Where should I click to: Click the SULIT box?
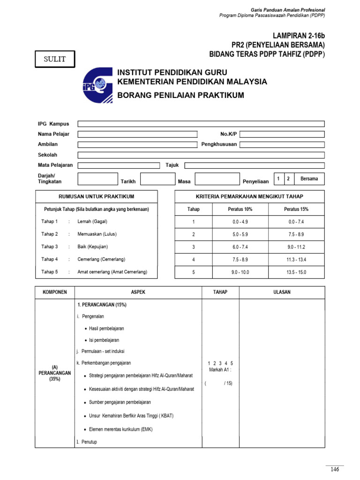tap(55, 59)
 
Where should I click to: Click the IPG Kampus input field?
tap(201, 124)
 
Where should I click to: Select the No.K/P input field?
tap(282, 134)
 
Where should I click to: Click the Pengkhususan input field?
tap(282, 144)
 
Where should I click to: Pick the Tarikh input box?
tap(157, 179)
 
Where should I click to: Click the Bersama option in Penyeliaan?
tap(309, 179)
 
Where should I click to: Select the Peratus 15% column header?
tap(296, 209)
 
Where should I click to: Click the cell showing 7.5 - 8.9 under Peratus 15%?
tap(296, 234)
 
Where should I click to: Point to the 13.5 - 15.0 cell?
tap(296, 272)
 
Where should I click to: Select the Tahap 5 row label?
tap(50, 272)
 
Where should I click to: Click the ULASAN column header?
tap(282, 292)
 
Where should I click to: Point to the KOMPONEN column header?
tap(55, 292)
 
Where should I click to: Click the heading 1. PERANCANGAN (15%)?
tap(101, 305)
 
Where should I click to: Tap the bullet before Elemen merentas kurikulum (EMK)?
tap(86, 429)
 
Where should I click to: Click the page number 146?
tap(335, 469)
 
